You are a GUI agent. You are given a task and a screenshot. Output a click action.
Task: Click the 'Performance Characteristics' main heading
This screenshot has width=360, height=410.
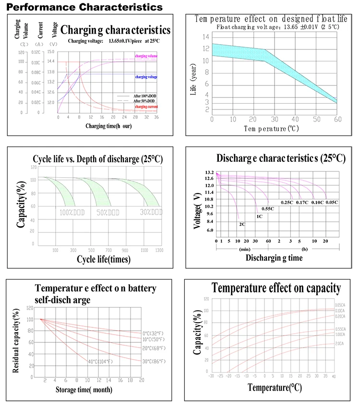[84, 7]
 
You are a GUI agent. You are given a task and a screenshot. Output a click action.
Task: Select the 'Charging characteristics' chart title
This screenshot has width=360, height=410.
[116, 30]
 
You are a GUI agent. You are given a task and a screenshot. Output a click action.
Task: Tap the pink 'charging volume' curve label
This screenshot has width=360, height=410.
[146, 56]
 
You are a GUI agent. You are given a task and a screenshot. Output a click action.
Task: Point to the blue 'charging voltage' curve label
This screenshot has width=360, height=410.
[146, 77]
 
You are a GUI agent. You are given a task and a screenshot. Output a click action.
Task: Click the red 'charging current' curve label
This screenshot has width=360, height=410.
[146, 106]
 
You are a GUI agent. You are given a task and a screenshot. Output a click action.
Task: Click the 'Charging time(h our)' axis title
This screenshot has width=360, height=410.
[108, 126]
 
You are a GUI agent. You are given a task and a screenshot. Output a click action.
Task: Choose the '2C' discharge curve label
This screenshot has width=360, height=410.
[242, 224]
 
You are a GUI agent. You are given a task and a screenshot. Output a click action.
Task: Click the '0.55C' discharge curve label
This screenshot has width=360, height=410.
[268, 209]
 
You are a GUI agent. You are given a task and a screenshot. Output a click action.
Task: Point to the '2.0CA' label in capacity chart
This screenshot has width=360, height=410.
[339, 344]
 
